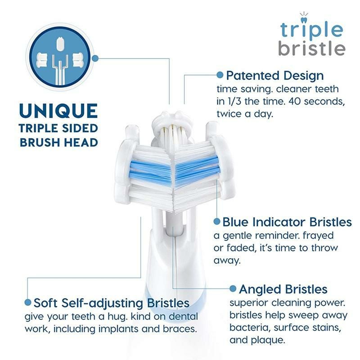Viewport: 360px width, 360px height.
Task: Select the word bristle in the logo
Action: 311,48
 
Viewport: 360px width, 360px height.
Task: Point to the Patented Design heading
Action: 274,75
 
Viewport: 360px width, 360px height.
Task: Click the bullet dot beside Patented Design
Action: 220,75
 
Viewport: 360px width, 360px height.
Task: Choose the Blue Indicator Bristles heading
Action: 287,222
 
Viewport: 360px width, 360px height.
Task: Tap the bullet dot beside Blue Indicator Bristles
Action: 217,222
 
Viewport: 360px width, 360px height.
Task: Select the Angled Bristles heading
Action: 283,288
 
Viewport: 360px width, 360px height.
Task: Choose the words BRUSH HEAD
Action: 58,143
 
